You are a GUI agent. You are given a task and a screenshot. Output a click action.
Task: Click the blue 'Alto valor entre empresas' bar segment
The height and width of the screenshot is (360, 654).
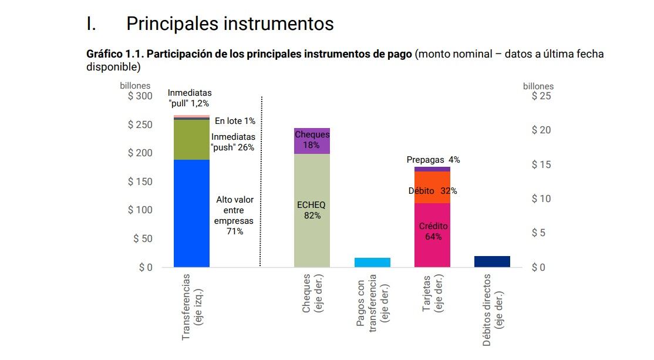(x=191, y=213)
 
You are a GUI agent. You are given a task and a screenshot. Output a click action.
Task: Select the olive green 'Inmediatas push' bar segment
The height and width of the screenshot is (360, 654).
(x=191, y=140)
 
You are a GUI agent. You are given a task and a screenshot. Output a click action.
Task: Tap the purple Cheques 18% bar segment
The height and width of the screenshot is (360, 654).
(x=312, y=141)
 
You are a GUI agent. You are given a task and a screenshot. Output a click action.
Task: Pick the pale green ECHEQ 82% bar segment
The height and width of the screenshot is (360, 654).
(x=312, y=210)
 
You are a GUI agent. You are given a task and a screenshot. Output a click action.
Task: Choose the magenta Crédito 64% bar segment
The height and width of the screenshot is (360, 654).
(x=432, y=235)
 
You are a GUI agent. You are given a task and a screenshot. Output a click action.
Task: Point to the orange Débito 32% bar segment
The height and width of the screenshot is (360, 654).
(x=432, y=187)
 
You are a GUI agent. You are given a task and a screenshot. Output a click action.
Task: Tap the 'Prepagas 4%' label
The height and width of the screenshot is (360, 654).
(x=433, y=160)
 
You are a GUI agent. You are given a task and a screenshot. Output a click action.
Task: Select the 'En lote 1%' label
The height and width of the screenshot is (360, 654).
(x=235, y=121)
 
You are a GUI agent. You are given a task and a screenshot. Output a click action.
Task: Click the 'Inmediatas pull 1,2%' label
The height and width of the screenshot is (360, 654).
(x=190, y=97)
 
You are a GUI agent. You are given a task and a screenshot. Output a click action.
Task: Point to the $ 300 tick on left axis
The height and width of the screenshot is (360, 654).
(x=140, y=96)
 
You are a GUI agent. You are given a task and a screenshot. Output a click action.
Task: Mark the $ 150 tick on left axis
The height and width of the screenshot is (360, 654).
(x=140, y=181)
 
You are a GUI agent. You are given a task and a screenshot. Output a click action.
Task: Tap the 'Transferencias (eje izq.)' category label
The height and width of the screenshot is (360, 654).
(x=191, y=306)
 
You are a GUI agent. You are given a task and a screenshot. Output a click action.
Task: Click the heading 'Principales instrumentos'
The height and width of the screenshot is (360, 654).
(x=230, y=23)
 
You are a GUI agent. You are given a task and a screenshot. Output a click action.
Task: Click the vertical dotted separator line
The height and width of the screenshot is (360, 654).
(x=261, y=182)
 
